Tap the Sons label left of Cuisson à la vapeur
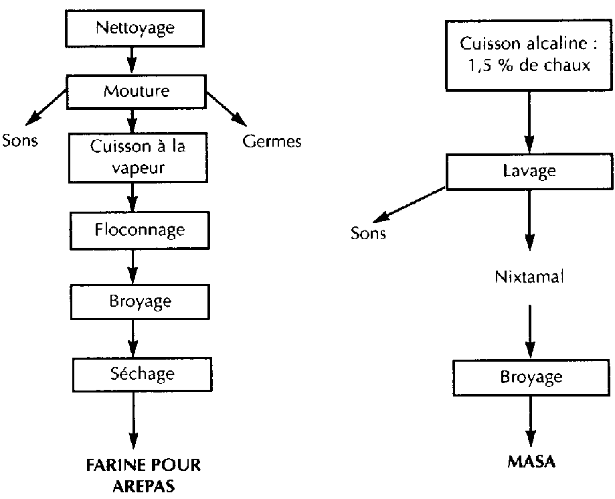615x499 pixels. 19,141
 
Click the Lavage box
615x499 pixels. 529,171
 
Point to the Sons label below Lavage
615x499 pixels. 368,233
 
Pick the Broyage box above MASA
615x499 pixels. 531,376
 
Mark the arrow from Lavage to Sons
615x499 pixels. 409,204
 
